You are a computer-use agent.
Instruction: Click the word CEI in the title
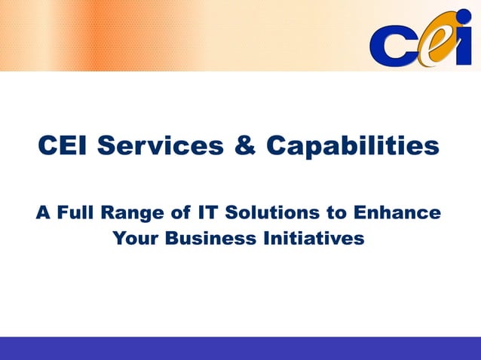pos(63,146)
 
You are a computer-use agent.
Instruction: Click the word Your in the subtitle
pos(135,239)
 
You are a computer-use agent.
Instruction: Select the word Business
pos(202,239)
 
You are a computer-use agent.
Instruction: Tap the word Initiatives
pos(311,239)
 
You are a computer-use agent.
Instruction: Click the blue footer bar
pos(240,348)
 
